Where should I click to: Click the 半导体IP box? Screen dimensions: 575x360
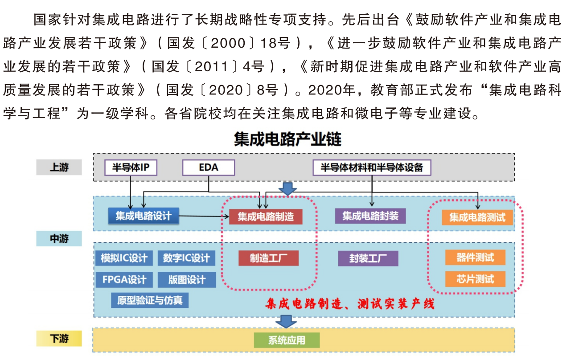[x=131, y=168]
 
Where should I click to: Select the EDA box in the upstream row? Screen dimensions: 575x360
[x=209, y=168]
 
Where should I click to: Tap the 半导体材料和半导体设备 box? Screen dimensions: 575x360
[x=372, y=168]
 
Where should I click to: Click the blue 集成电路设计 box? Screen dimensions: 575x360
[x=144, y=216]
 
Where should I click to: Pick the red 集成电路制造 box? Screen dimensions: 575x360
[x=266, y=217]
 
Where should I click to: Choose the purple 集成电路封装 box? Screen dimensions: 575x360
[x=370, y=216]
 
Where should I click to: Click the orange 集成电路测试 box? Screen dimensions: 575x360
[x=477, y=217]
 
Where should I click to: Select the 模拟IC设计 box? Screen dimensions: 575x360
[x=124, y=258]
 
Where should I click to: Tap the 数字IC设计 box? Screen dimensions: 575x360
[x=186, y=258]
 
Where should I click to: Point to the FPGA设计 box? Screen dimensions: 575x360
[x=124, y=280]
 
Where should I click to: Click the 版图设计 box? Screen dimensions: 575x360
[x=187, y=280]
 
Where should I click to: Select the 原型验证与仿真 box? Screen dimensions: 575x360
[x=150, y=300]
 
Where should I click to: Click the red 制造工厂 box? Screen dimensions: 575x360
[x=268, y=258]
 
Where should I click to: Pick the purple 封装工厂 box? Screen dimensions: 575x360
[x=368, y=258]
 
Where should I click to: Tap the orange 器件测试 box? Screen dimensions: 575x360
[x=475, y=258]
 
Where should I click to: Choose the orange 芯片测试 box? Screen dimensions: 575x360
[x=475, y=279]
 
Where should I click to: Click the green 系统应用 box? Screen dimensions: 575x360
[x=287, y=340]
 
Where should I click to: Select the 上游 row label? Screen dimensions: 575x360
[x=59, y=167]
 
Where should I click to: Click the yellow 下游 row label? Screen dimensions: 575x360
[x=59, y=339]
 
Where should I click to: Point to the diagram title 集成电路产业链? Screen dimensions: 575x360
[x=287, y=139]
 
